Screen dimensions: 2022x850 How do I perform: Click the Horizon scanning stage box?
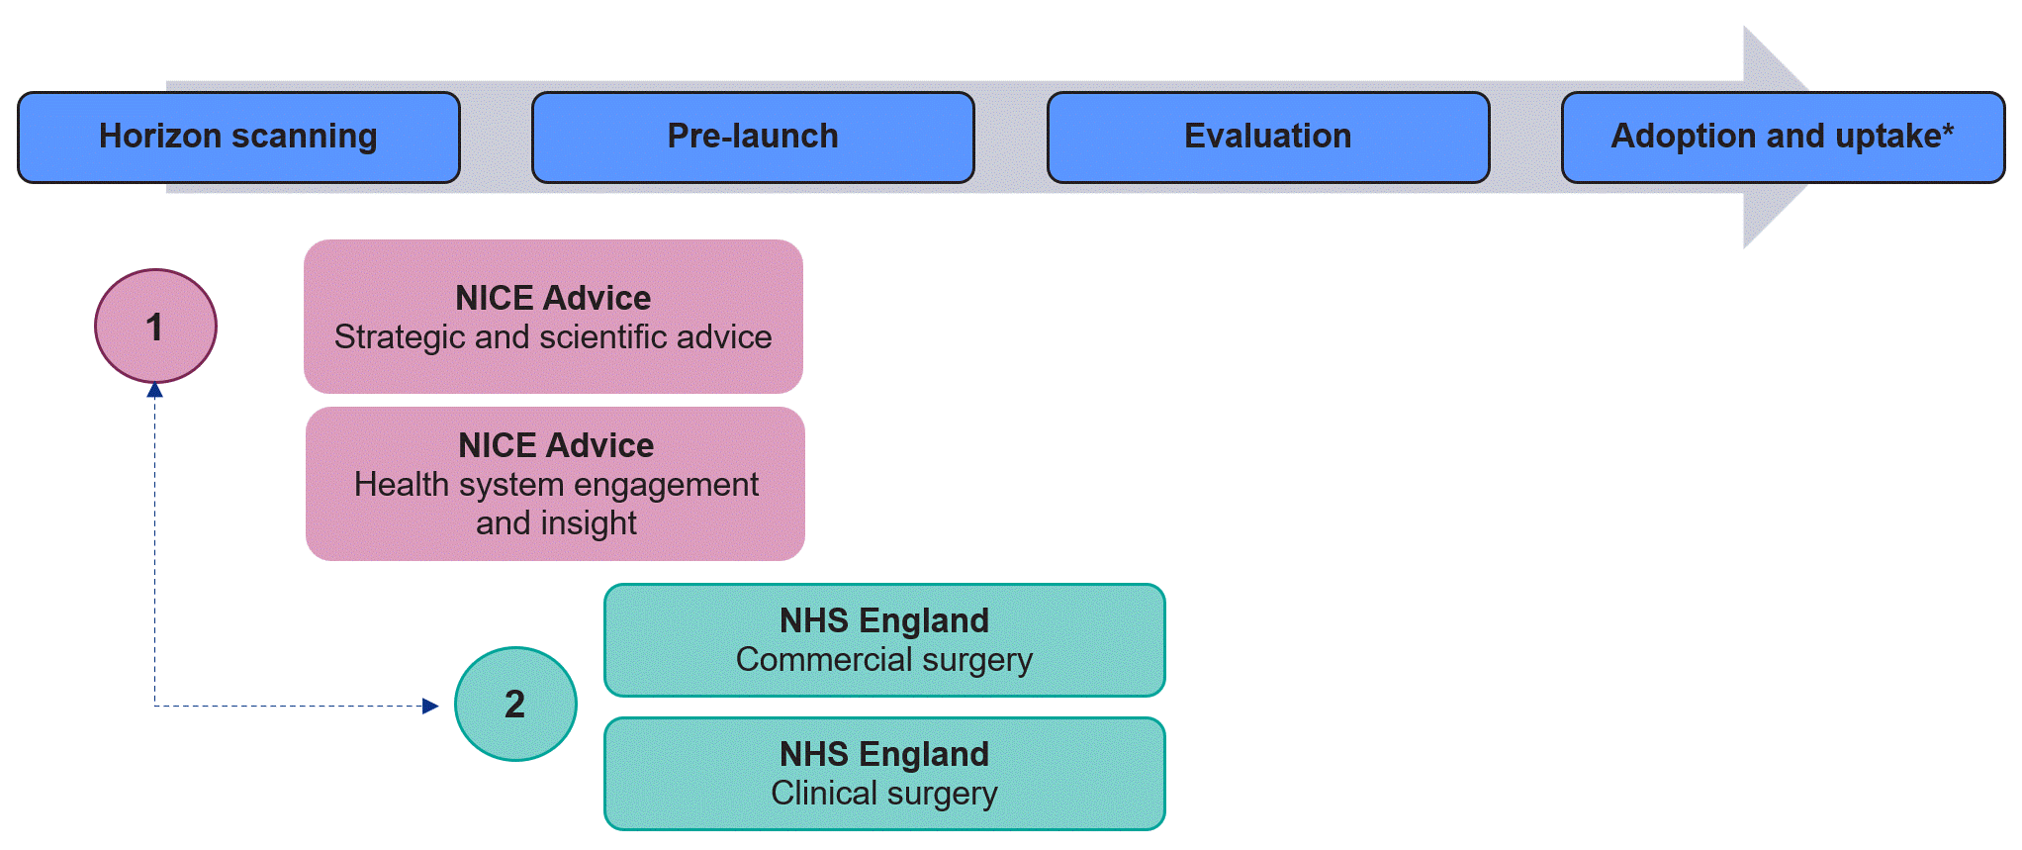238,138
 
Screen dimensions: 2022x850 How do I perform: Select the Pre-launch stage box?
753,138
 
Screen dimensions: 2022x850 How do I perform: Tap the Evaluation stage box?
1268,138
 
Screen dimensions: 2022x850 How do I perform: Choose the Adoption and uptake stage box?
1783,138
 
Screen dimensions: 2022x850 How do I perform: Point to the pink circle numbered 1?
155,326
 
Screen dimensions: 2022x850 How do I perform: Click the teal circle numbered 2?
515,704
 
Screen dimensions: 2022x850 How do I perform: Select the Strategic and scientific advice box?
553,317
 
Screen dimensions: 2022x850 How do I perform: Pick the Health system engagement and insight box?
555,484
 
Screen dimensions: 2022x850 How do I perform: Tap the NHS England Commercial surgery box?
884,640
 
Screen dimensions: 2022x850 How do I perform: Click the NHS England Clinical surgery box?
884,774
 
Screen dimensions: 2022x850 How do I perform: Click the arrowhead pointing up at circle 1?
154,390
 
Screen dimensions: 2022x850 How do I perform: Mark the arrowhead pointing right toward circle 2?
430,706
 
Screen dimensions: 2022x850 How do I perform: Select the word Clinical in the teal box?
824,793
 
